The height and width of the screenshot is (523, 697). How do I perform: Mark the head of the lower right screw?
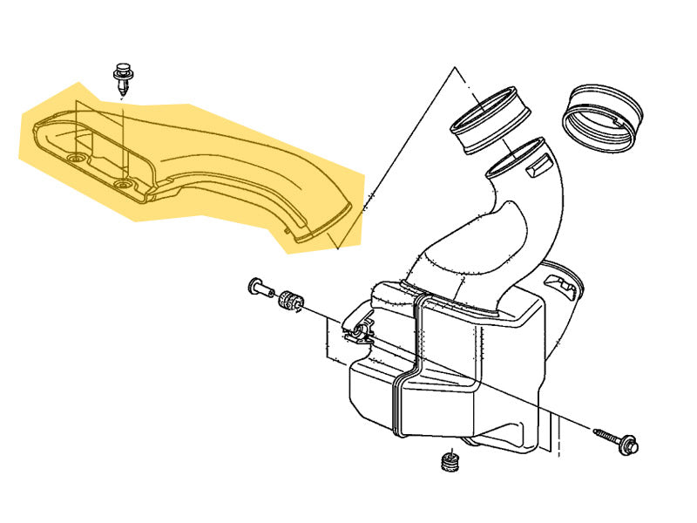(x=629, y=445)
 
